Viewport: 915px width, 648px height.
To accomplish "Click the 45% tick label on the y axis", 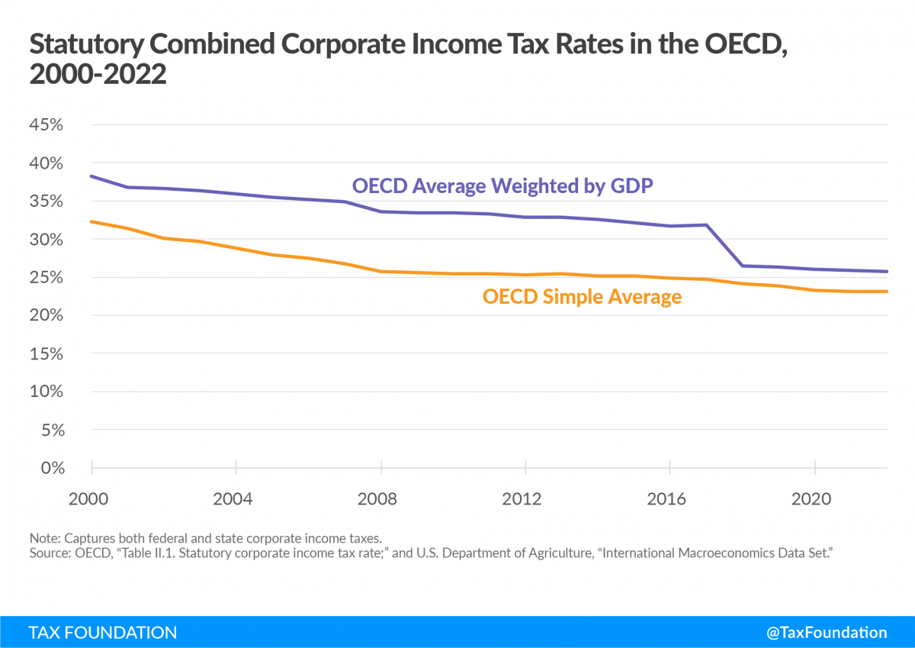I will point(45,125).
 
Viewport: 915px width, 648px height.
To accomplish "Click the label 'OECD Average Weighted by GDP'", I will point(502,185).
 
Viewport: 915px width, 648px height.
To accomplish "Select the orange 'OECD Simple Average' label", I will point(582,296).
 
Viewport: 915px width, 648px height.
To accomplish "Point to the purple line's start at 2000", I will point(91,176).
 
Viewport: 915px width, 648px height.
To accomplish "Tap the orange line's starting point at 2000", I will point(91,221).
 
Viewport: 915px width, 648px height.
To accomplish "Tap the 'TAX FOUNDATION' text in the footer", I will point(103,632).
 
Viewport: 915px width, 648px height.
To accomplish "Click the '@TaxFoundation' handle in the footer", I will point(827,632).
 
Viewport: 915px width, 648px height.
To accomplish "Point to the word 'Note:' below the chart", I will point(44,538).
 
